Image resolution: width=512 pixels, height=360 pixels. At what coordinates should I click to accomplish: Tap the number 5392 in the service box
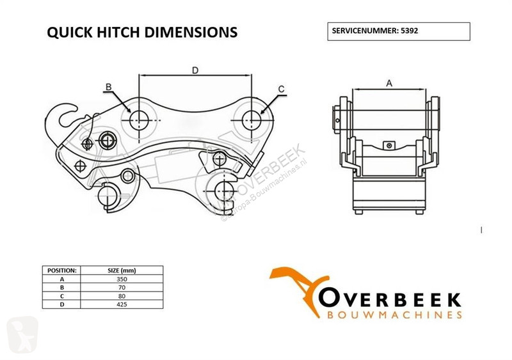click(x=410, y=31)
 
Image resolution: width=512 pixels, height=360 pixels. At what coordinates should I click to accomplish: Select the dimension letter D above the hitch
click(x=195, y=70)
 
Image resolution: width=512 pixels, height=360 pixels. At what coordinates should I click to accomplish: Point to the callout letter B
click(x=109, y=87)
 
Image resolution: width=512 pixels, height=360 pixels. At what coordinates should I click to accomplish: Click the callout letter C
click(x=281, y=89)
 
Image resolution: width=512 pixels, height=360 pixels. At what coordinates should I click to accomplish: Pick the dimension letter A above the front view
click(x=389, y=84)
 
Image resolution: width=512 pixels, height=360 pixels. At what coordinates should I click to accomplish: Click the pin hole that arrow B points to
click(x=139, y=120)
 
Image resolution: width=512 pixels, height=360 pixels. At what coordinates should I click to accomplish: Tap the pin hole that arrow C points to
click(x=252, y=120)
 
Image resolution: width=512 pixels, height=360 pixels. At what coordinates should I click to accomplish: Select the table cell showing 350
click(x=122, y=279)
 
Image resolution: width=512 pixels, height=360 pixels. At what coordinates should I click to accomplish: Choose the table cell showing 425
click(x=122, y=304)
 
